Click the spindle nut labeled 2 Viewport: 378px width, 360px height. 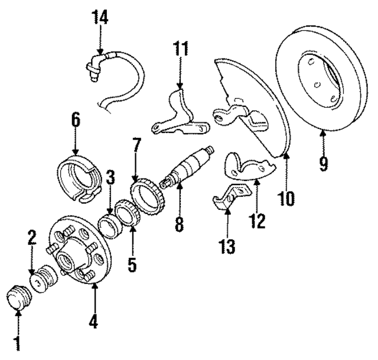(x=41, y=279)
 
